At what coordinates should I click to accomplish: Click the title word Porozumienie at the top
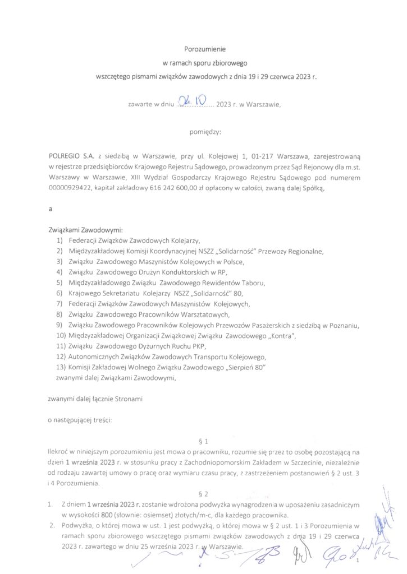pos(204,49)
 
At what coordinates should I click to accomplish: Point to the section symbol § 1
pos(204,441)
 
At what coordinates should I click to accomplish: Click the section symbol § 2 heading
pos(204,494)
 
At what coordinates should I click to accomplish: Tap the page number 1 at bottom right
pos(357,559)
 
